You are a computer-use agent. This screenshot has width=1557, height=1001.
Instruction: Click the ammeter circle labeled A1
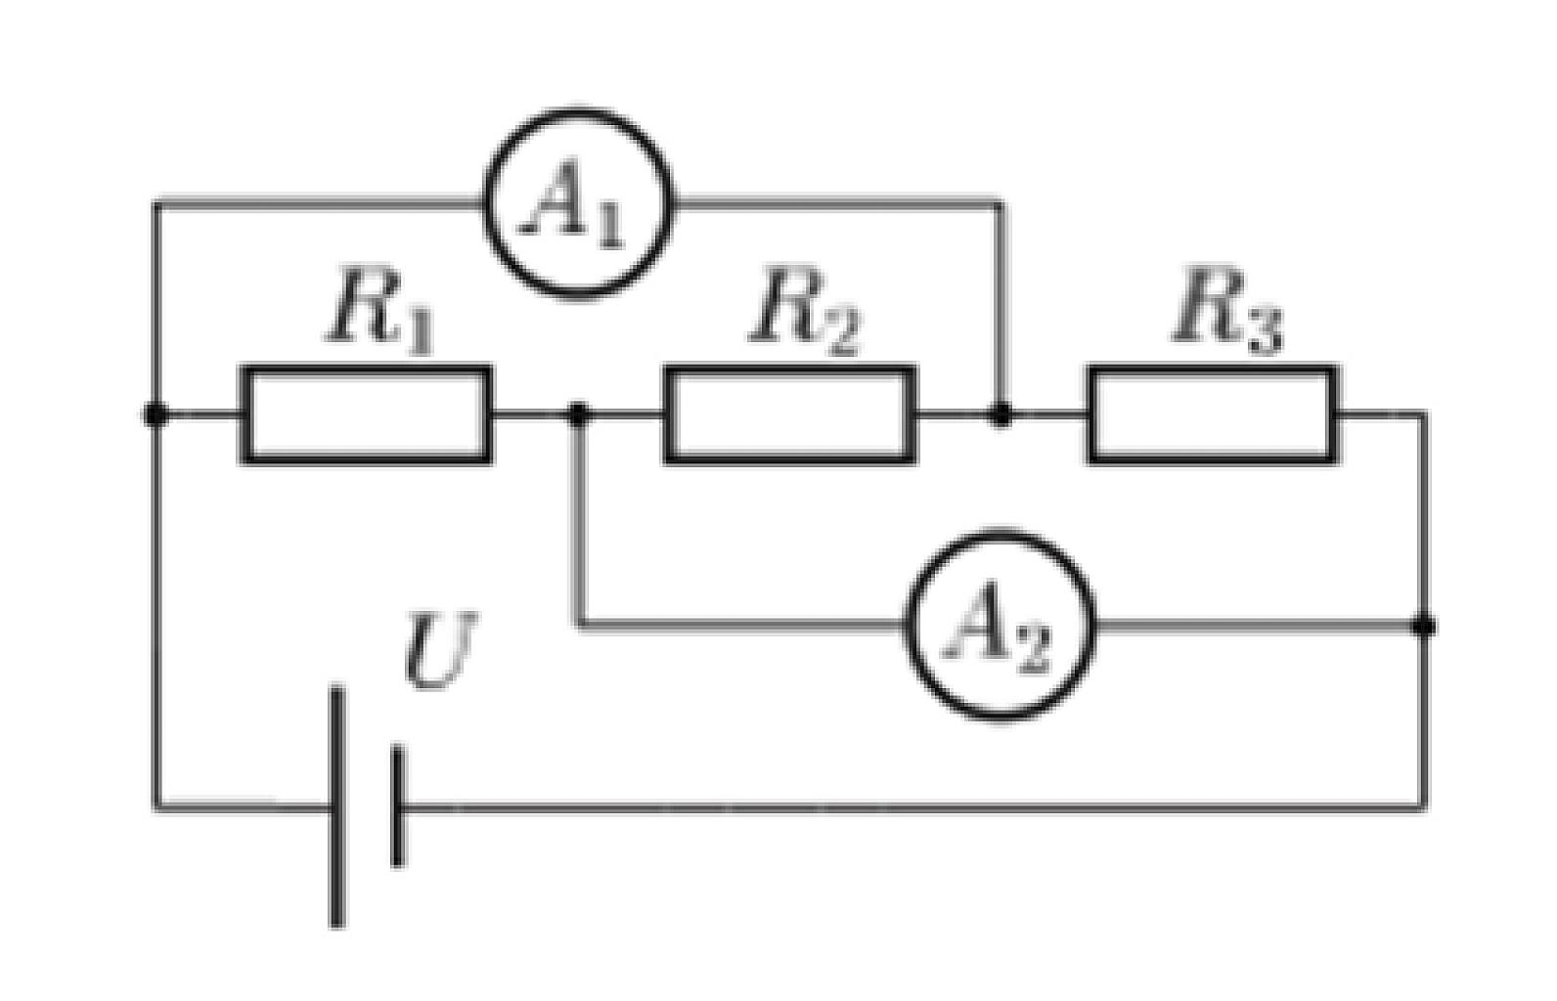point(484,204)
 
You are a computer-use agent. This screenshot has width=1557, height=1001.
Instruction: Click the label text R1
point(379,312)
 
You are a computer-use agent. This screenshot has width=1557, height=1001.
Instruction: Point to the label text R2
point(805,312)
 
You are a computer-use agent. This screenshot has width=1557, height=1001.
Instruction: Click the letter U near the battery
point(441,650)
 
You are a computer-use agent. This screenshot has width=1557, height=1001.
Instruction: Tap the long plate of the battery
point(337,806)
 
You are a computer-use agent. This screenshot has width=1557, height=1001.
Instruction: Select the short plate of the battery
point(398,806)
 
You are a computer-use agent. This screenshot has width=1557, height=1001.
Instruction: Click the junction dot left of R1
point(155,414)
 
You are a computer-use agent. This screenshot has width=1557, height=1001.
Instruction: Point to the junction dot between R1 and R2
point(578,414)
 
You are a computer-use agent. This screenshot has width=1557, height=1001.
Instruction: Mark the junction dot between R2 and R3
point(1001,414)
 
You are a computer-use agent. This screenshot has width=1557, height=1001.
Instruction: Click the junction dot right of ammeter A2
point(1424,626)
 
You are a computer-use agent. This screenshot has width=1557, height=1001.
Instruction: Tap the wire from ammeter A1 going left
point(319,204)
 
